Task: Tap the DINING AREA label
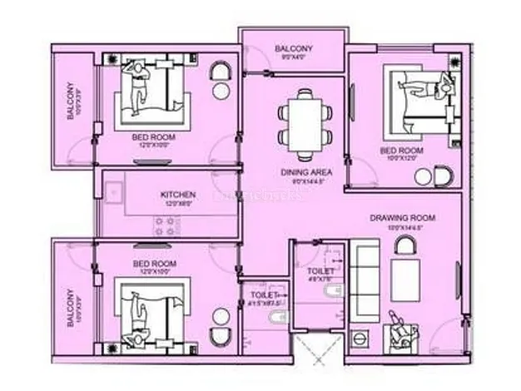298,172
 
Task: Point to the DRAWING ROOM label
402,219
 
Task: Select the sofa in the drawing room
365,275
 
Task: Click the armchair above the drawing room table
406,245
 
